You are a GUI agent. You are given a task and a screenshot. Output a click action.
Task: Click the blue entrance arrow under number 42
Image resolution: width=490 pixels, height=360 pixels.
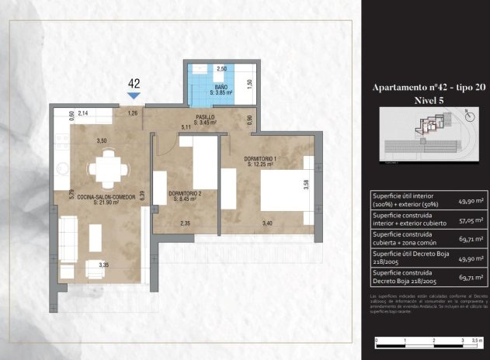point(134,95)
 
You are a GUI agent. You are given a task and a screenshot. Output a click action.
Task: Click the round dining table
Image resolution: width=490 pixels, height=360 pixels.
point(103,166)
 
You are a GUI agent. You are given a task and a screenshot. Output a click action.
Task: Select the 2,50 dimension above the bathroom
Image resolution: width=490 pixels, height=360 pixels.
point(221,69)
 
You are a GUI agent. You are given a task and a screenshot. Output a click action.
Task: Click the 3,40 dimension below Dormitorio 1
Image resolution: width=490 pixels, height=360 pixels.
point(267,223)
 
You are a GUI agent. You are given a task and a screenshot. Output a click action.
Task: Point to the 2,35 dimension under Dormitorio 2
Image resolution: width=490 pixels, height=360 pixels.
point(186,223)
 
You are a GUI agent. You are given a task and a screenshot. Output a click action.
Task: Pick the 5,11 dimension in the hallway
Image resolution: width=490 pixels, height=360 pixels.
point(186,126)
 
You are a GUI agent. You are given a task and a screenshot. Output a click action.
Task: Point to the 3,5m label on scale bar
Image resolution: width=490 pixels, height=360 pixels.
point(474,340)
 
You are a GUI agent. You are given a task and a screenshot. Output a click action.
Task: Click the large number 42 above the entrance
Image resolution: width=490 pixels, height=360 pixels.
point(134,82)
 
